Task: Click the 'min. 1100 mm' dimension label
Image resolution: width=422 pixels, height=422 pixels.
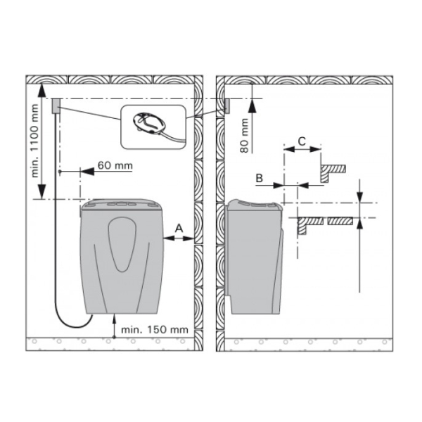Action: (35, 141)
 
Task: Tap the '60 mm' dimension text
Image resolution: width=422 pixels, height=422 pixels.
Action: (115, 165)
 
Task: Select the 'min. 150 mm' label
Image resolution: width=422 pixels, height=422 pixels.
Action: (155, 329)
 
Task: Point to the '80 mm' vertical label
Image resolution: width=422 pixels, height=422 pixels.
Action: (244, 136)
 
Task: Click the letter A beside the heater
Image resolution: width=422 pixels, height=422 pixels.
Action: (179, 228)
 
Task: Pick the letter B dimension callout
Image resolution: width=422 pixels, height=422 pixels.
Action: (259, 178)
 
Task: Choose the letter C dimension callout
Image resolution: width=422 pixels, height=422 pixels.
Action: (302, 141)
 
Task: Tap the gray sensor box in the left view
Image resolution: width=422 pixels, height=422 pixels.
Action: (56, 105)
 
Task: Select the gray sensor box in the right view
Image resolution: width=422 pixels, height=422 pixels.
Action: (227, 105)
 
